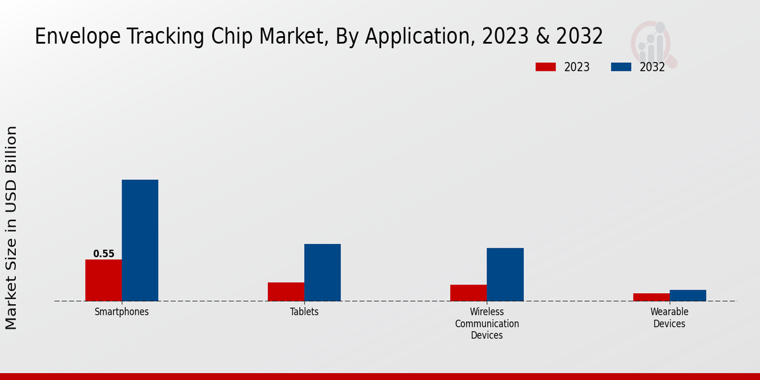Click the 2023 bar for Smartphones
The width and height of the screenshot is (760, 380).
point(103,280)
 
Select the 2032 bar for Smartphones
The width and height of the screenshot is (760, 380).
point(140,240)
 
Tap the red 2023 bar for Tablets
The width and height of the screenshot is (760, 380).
point(286,291)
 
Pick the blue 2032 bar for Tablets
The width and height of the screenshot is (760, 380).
point(322,272)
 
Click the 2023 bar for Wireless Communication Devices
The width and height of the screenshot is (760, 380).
point(468,293)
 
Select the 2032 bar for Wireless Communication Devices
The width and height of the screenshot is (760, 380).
point(505,274)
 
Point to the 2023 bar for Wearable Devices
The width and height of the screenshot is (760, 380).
point(651,297)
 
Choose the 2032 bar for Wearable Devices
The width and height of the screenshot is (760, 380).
point(688,295)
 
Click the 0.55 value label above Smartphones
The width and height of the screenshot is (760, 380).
point(104,254)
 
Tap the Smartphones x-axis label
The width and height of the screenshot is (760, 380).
point(122,312)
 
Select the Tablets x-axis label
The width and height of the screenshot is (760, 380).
point(304,312)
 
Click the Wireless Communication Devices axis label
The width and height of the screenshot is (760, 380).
point(486,324)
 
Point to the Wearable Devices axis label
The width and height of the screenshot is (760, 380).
point(669,318)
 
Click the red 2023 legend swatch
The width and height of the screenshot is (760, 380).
point(545,67)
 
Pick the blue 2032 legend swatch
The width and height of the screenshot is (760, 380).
point(621,67)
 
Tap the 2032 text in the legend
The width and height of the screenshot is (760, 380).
point(652,67)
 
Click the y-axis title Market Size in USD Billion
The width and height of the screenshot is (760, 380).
point(11,228)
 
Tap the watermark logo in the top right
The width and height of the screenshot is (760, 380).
point(654,43)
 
